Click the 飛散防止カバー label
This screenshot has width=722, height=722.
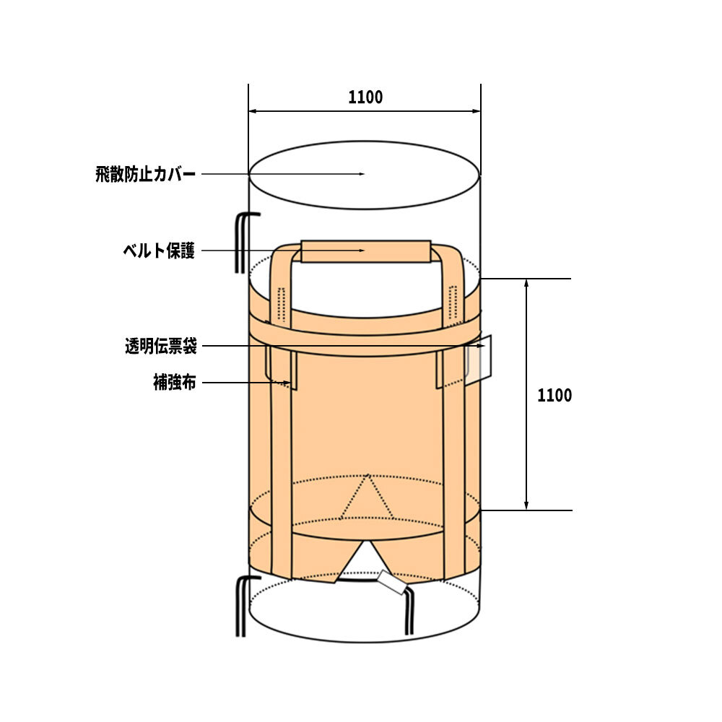pyautogui.click(x=146, y=175)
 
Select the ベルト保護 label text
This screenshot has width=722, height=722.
pyautogui.click(x=159, y=251)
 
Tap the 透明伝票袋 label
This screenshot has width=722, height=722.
pyautogui.click(x=161, y=347)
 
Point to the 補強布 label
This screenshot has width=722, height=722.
pyautogui.click(x=175, y=383)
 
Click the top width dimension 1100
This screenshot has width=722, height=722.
pyautogui.click(x=365, y=97)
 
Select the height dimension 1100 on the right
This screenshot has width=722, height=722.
pyautogui.click(x=554, y=396)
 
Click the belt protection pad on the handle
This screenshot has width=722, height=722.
pyautogui.click(x=366, y=251)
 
